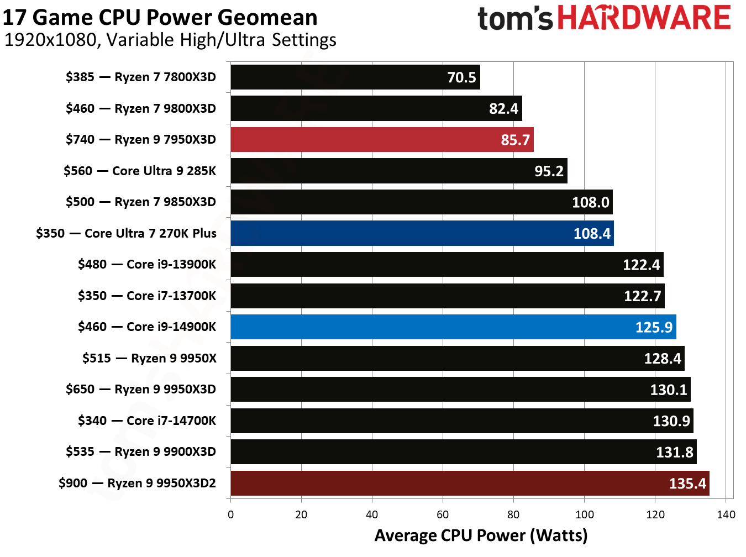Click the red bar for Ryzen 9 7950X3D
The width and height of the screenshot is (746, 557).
(x=381, y=139)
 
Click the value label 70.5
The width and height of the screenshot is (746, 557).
(x=461, y=77)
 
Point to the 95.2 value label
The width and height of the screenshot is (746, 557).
(x=549, y=171)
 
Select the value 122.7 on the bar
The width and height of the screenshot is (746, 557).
(x=642, y=296)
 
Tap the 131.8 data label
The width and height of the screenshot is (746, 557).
(x=674, y=453)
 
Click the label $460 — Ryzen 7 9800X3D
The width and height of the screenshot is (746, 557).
(x=140, y=108)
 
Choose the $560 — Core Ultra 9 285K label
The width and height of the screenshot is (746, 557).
(x=139, y=171)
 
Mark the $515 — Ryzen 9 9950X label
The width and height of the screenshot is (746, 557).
(x=149, y=358)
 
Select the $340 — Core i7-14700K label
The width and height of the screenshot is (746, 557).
(x=147, y=421)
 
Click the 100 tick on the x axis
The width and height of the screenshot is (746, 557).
(x=584, y=515)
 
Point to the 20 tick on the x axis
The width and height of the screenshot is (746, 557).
(x=301, y=515)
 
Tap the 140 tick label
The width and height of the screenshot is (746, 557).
(x=726, y=515)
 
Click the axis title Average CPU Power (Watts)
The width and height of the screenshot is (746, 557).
(x=481, y=535)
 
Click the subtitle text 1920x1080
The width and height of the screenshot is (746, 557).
(x=50, y=40)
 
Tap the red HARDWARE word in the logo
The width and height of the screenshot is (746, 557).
(x=644, y=18)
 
